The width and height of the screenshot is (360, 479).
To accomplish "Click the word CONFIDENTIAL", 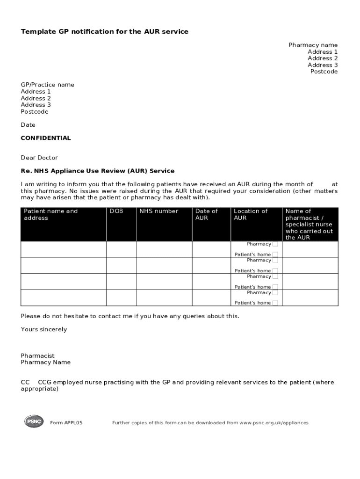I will (x=46, y=138).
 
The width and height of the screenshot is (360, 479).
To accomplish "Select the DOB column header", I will (x=116, y=211).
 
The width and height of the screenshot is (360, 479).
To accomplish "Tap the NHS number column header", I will (x=159, y=211).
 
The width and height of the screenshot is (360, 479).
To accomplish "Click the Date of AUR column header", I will (x=206, y=214).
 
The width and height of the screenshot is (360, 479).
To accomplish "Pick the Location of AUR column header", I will (x=251, y=214).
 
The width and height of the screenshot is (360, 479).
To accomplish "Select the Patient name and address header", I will (x=50, y=214).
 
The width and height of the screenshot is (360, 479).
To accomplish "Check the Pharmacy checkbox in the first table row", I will (x=275, y=244).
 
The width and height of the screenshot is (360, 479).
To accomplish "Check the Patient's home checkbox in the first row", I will (x=275, y=254).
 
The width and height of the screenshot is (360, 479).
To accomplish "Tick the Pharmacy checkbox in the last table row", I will (x=275, y=293).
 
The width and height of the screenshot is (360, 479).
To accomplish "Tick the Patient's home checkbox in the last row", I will (x=275, y=303).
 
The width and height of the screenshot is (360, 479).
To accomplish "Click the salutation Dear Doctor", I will (x=39, y=158).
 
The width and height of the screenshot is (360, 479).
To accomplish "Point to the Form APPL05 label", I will (x=66, y=423).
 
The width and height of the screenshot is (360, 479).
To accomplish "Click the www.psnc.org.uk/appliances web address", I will (x=274, y=423).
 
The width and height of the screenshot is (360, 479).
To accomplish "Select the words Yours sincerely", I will (x=44, y=330).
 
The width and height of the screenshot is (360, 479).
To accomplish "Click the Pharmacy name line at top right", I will (x=313, y=45).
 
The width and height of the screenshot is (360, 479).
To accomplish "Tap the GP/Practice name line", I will (x=47, y=85).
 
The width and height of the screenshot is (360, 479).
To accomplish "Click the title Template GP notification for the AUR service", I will (x=104, y=32).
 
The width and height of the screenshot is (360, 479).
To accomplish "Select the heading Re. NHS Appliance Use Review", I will (x=97, y=171).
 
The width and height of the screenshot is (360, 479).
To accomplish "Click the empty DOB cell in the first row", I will (x=121, y=249).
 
